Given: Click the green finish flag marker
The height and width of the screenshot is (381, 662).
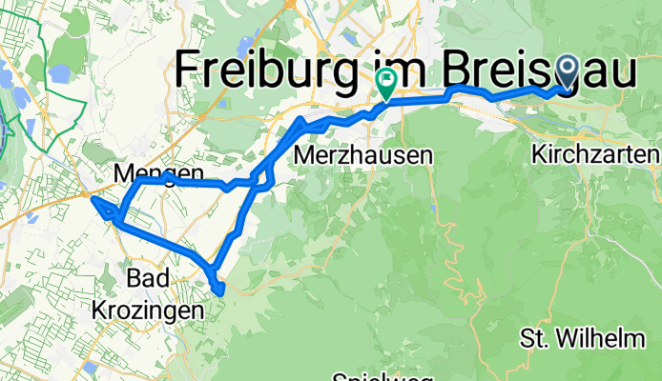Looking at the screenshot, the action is (x=387, y=83).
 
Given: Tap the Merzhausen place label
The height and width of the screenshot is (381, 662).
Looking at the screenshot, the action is (x=363, y=155).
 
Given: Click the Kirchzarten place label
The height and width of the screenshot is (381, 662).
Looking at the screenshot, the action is (x=597, y=153).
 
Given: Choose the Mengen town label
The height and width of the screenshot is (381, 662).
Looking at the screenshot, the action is (x=158, y=173).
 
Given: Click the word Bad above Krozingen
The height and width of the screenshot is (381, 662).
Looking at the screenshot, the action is (x=149, y=279).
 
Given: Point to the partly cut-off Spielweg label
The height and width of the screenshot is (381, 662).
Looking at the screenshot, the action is (x=373, y=376).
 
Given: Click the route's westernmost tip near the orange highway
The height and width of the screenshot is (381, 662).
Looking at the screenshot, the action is (x=87, y=195).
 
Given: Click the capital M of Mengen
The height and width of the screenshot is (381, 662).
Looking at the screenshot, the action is (x=123, y=173).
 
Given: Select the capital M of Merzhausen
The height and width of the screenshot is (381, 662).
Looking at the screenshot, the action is (x=305, y=155).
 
